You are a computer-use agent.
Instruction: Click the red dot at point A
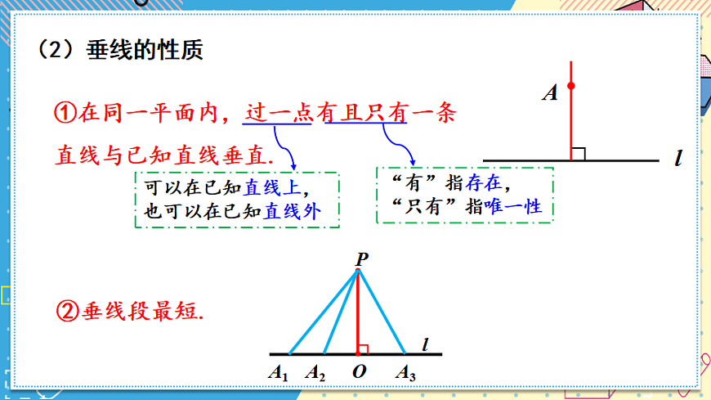pyautogui.click(x=571, y=86)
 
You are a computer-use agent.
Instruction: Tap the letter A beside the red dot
pyautogui.click(x=550, y=93)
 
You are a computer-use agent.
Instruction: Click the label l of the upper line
pyautogui.click(x=678, y=158)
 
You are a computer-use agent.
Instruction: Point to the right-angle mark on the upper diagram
pyautogui.click(x=579, y=153)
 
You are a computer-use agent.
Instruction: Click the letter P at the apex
pyautogui.click(x=360, y=258)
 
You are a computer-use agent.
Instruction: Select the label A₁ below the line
pyautogui.click(x=279, y=373)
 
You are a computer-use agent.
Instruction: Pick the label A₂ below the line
pyautogui.click(x=315, y=373)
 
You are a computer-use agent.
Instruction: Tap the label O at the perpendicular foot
pyautogui.click(x=359, y=372)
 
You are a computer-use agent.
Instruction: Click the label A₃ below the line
pyautogui.click(x=406, y=373)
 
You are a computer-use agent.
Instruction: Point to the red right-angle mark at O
pyautogui.click(x=364, y=349)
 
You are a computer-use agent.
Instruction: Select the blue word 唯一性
pyautogui.click(x=513, y=207)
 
